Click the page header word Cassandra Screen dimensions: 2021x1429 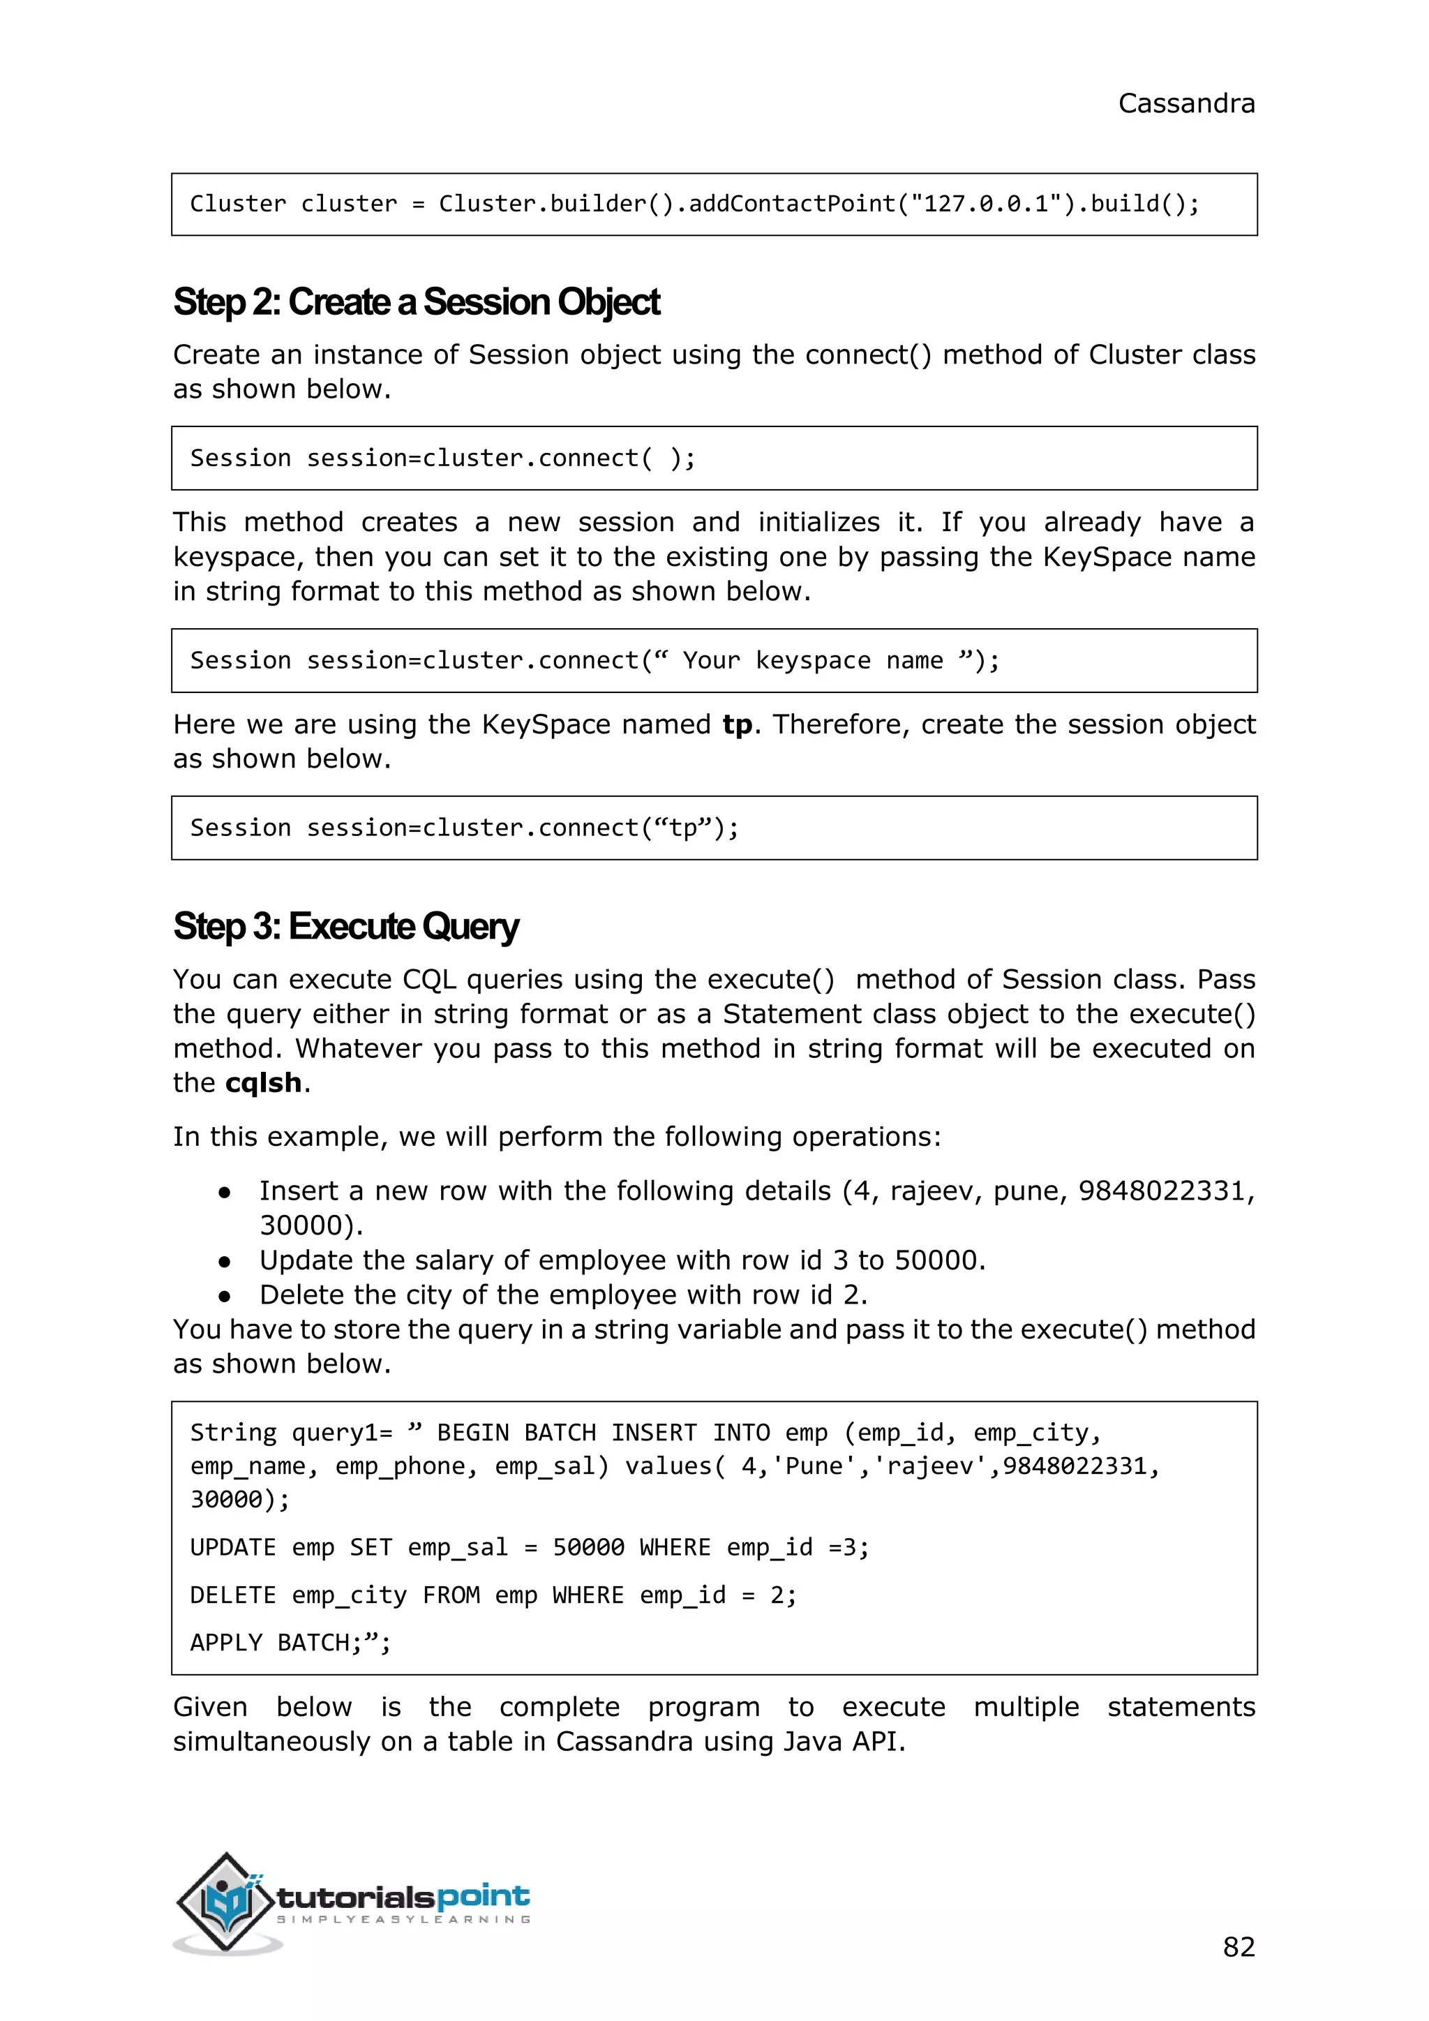(x=1185, y=104)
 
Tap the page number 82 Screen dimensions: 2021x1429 (x=1238, y=1946)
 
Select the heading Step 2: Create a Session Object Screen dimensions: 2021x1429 (x=416, y=302)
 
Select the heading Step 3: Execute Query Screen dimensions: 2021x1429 (x=346, y=927)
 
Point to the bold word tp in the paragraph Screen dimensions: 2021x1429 (x=738, y=724)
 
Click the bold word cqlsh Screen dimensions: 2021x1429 (x=263, y=1082)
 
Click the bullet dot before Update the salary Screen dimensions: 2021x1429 (x=225, y=1261)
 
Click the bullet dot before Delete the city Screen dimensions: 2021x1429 (x=225, y=1296)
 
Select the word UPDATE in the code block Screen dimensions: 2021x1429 (x=233, y=1547)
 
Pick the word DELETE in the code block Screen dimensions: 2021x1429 (x=233, y=1595)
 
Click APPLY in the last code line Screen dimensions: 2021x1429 (x=226, y=1643)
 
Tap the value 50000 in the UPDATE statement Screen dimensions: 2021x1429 (x=588, y=1547)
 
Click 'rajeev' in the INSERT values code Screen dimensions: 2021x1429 (x=936, y=1466)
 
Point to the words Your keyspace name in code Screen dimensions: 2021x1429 (x=812, y=660)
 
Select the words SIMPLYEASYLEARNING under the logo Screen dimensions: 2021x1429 (x=404, y=1920)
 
